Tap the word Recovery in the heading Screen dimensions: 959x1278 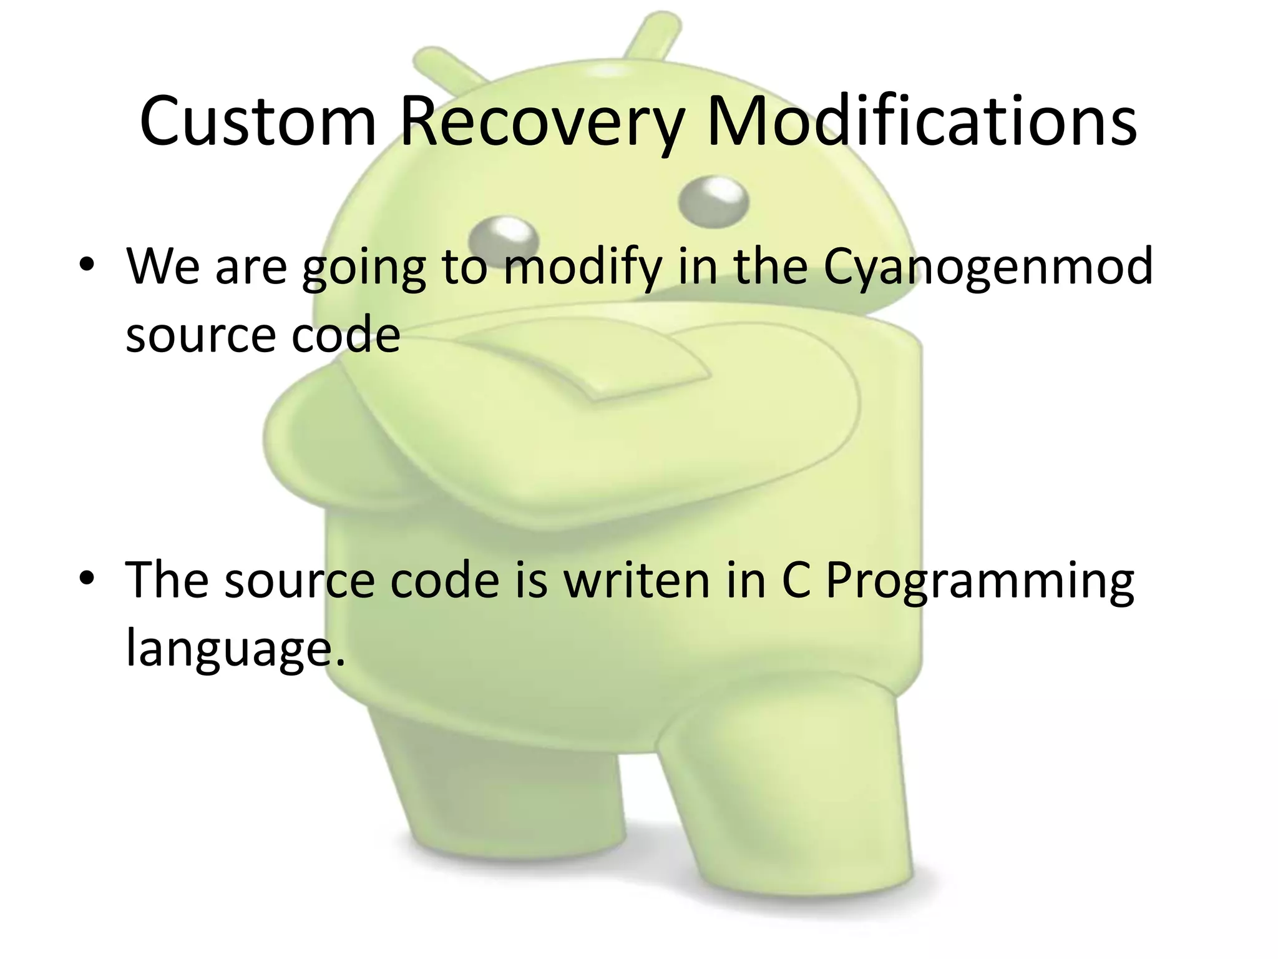(x=542, y=122)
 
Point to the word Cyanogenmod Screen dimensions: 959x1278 (x=988, y=267)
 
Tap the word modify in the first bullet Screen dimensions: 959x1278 (x=582, y=267)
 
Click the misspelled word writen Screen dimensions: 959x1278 (x=637, y=579)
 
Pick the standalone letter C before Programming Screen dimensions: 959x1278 (x=796, y=579)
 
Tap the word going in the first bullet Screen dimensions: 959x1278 (x=364, y=267)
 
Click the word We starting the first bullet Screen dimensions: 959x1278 (x=163, y=266)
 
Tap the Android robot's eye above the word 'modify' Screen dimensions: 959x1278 (x=503, y=237)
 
